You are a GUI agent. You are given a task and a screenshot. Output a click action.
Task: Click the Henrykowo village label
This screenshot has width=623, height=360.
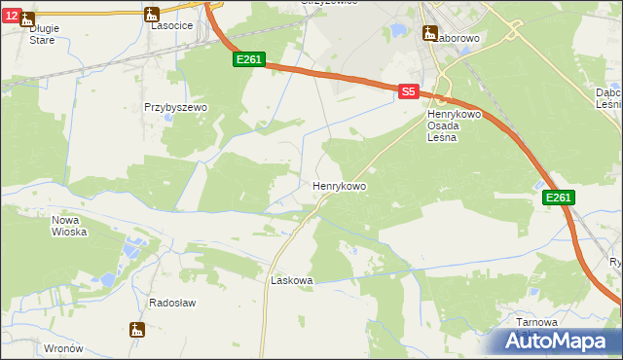click(x=339, y=185)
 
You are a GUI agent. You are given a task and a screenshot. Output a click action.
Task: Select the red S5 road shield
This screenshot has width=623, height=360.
click(x=409, y=91)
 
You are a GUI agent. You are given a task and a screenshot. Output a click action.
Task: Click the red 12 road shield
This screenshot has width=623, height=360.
click(x=10, y=16)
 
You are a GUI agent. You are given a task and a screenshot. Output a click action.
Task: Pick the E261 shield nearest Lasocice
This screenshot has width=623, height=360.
click(x=248, y=60)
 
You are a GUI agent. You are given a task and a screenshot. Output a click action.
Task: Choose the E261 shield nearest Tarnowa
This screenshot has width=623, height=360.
click(x=558, y=198)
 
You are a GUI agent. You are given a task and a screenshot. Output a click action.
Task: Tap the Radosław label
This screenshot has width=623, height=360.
click(x=172, y=303)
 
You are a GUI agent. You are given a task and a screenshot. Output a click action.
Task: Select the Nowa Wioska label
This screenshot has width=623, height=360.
click(x=69, y=226)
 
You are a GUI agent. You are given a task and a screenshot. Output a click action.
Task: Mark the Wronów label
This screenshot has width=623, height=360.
click(x=63, y=347)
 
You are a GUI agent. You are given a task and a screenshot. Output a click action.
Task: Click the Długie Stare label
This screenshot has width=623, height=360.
click(x=43, y=34)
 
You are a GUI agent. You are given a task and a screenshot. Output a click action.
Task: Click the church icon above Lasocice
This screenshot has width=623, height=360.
click(x=150, y=14)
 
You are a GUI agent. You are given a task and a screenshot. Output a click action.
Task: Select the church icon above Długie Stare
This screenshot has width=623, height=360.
click(x=26, y=18)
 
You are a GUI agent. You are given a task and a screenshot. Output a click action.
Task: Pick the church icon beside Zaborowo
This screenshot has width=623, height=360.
click(x=429, y=33)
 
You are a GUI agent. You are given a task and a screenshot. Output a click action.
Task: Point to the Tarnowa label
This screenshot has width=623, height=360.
click(x=537, y=322)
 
